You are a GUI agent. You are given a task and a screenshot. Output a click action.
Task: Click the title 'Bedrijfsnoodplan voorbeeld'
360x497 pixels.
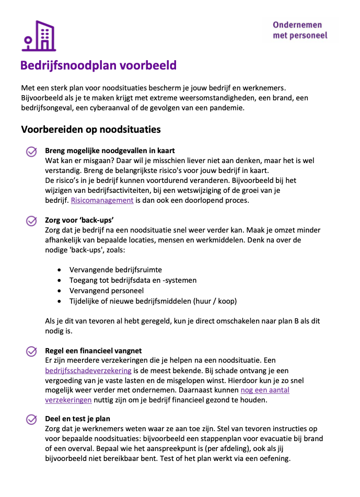[98, 66]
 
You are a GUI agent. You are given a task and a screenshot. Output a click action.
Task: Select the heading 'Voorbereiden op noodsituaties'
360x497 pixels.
[90, 129]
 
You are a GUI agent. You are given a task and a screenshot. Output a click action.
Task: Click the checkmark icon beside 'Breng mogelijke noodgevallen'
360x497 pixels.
[31, 151]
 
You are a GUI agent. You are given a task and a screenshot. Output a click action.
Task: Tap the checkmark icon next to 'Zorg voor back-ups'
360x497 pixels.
[31, 221]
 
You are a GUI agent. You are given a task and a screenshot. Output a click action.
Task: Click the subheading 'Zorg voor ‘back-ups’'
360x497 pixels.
[79, 220]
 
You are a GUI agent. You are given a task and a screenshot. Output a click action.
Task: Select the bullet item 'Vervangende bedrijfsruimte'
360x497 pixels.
[115, 270]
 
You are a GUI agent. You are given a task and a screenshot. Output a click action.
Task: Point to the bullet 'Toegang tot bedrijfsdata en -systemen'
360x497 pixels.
[133, 280]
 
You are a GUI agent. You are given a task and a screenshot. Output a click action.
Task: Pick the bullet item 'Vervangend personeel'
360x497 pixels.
[106, 291]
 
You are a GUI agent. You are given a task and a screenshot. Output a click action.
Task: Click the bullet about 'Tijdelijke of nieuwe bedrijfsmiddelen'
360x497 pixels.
[153, 301]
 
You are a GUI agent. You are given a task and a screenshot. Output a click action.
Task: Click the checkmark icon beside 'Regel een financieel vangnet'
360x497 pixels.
[31, 351]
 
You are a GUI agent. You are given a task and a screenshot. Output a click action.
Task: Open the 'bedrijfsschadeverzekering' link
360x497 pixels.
[88, 371]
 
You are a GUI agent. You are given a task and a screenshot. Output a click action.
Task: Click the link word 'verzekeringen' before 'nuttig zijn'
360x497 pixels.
[68, 400]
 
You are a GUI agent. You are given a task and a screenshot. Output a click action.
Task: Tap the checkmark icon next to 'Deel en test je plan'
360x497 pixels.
[31, 419]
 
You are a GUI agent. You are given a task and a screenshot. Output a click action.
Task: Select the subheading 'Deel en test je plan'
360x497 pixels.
[77, 419]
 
